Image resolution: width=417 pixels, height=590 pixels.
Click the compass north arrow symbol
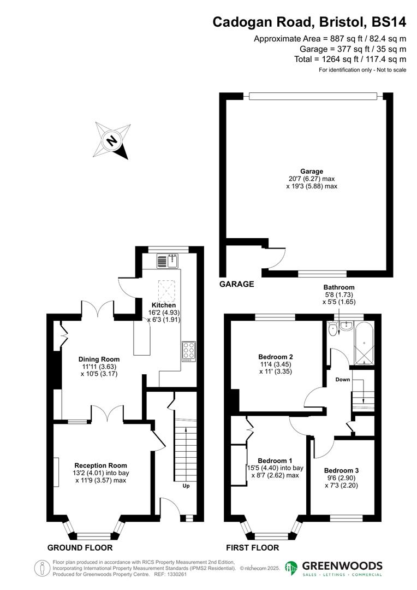112,140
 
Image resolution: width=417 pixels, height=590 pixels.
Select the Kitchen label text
164,305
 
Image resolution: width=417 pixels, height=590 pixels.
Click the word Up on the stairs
186,485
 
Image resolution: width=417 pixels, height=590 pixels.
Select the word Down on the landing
343,379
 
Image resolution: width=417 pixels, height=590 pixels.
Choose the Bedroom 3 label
341,470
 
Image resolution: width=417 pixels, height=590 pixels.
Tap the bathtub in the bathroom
364,344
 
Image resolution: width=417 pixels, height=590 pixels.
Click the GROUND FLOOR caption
80,547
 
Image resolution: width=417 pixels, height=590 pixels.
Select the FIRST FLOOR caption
252,547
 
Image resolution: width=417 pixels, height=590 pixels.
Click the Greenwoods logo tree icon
291,569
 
